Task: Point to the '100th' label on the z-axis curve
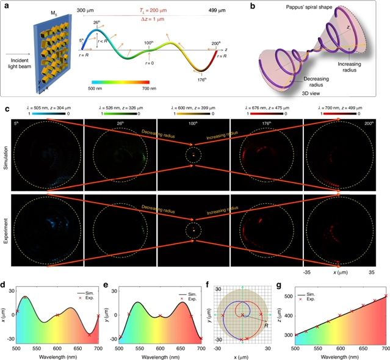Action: [x=148, y=43]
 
